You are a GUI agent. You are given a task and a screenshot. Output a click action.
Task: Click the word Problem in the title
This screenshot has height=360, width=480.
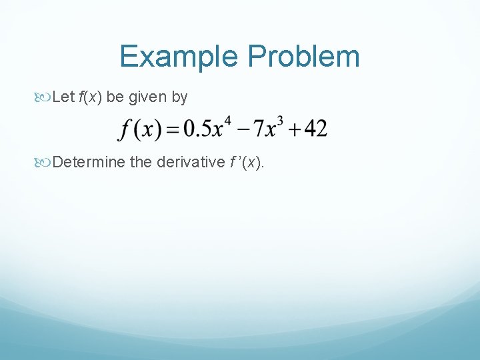click(304, 57)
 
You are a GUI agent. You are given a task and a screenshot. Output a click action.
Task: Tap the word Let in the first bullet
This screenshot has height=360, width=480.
click(63, 97)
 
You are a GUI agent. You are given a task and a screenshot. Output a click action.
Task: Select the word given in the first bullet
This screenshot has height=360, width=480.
click(148, 97)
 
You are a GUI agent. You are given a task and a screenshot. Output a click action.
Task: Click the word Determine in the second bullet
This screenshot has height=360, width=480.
click(89, 162)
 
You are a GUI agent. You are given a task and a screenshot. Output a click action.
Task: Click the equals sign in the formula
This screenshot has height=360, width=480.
click(173, 130)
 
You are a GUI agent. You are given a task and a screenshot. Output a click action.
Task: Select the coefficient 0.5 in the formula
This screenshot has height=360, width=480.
click(197, 129)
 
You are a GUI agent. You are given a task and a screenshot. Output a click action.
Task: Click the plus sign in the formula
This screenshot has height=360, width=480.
click(292, 129)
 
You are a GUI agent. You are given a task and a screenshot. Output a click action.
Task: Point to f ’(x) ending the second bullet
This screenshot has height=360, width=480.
click(244, 162)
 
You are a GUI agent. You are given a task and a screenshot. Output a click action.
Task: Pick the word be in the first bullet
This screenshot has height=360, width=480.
click(115, 97)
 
